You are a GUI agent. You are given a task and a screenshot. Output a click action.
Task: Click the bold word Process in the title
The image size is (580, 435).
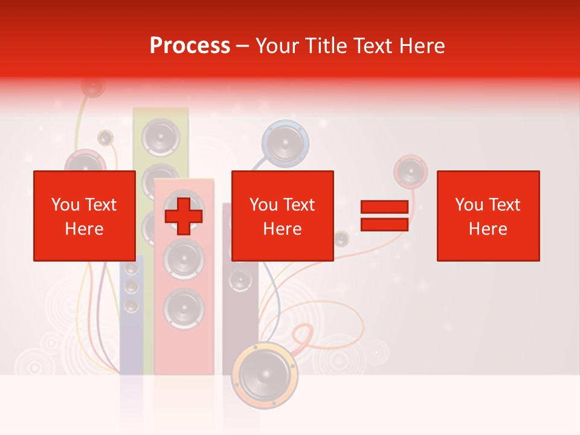click(190, 46)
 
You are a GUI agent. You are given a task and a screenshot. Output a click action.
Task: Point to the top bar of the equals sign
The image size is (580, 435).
click(384, 207)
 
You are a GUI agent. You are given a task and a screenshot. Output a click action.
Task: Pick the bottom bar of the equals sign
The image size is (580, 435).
click(384, 225)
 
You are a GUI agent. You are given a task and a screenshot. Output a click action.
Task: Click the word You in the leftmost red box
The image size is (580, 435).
click(65, 205)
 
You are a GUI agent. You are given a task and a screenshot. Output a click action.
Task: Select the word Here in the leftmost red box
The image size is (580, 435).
click(84, 229)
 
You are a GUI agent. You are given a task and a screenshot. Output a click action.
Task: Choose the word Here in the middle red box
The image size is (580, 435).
click(282, 229)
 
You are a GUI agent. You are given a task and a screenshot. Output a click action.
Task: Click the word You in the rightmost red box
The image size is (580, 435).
click(469, 205)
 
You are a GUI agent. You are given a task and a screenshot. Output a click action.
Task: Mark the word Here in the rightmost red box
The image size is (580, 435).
click(488, 229)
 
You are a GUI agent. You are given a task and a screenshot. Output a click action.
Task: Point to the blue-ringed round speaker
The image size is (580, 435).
click(285, 144)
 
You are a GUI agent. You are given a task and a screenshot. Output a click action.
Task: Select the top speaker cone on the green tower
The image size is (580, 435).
click(161, 137)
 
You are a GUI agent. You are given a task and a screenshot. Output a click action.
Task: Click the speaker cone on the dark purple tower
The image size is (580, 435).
click(240, 280)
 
